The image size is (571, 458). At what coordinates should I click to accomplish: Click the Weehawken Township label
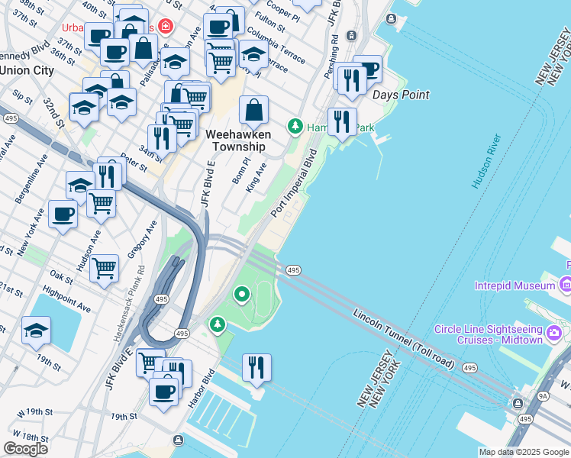point(238,140)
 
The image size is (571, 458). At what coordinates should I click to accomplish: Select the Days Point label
point(401,95)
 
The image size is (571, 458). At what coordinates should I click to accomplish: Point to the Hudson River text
point(486,162)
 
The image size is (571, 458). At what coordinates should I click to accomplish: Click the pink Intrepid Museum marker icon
point(566,285)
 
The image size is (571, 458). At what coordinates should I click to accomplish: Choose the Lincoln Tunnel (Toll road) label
point(404,339)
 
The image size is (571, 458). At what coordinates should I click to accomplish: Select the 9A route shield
point(543,395)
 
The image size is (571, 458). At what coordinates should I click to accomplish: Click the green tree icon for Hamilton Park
point(295,126)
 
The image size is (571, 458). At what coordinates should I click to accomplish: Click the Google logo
point(25,449)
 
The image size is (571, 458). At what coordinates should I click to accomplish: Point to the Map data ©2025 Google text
point(524,452)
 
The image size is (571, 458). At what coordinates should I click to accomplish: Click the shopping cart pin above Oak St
point(104,268)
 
